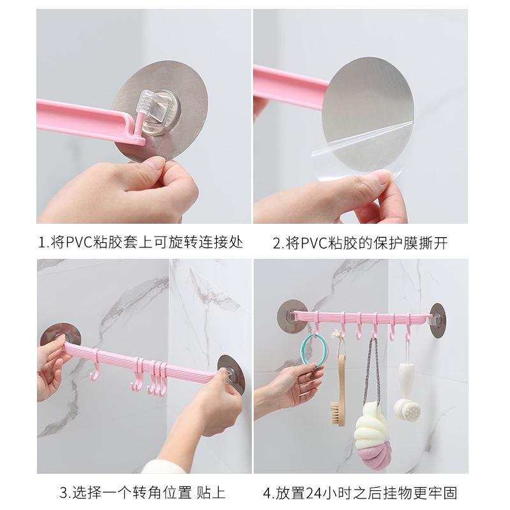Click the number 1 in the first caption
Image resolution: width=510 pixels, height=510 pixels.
[42, 243]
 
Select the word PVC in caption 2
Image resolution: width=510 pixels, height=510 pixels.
[304, 243]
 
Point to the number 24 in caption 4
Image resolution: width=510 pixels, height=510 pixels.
[317, 492]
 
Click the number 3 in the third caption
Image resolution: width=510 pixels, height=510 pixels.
[64, 492]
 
